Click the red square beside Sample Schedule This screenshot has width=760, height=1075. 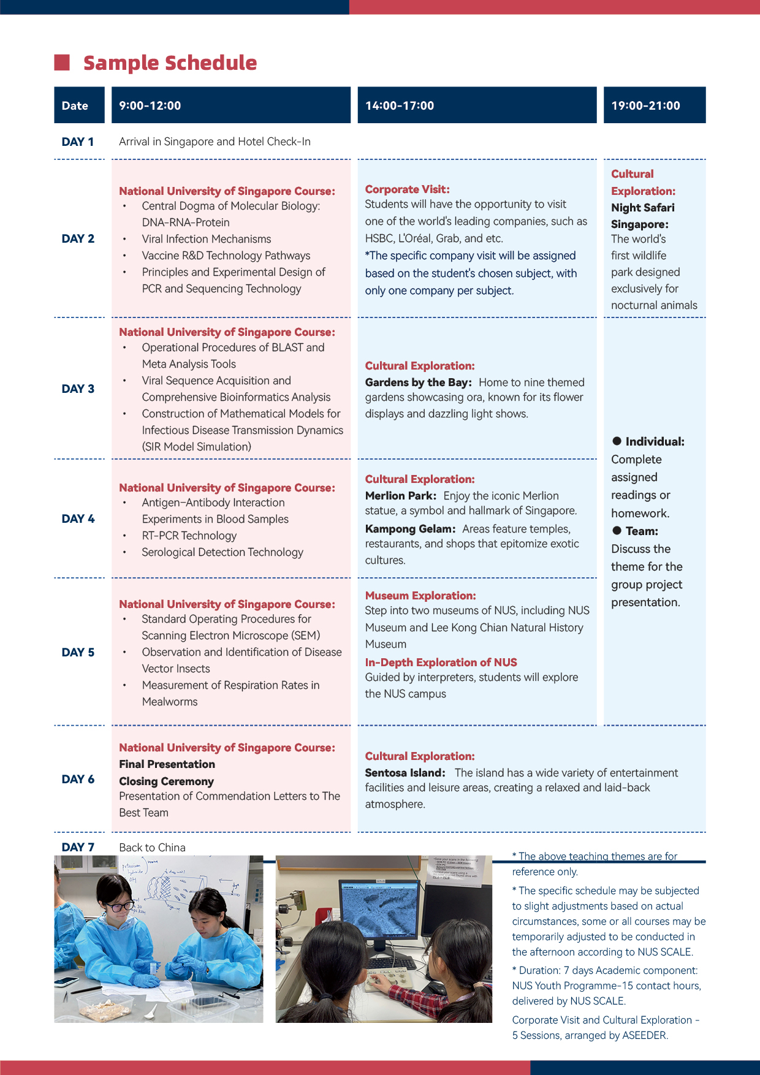point(62,63)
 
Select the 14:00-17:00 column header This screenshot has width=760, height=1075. point(400,105)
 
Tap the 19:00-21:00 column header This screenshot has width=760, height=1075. point(645,105)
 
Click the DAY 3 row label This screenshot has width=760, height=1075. point(78,389)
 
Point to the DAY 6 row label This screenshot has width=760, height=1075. point(78,779)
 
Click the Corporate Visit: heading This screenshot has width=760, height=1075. point(407,189)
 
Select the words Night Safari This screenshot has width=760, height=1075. point(642,208)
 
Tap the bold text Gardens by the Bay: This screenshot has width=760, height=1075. point(418,382)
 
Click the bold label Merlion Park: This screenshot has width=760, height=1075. point(400,496)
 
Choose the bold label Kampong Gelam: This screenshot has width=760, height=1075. point(410,529)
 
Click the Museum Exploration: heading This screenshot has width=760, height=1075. point(420,596)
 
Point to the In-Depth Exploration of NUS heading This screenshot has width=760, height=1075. point(441,663)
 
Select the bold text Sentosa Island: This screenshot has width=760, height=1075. point(405,773)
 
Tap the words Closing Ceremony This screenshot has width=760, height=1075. point(166,781)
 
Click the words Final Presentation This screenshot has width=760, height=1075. point(167,764)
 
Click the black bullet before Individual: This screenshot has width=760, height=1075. point(617,441)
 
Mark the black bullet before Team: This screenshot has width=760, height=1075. point(617,531)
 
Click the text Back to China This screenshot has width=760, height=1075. point(152,848)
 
